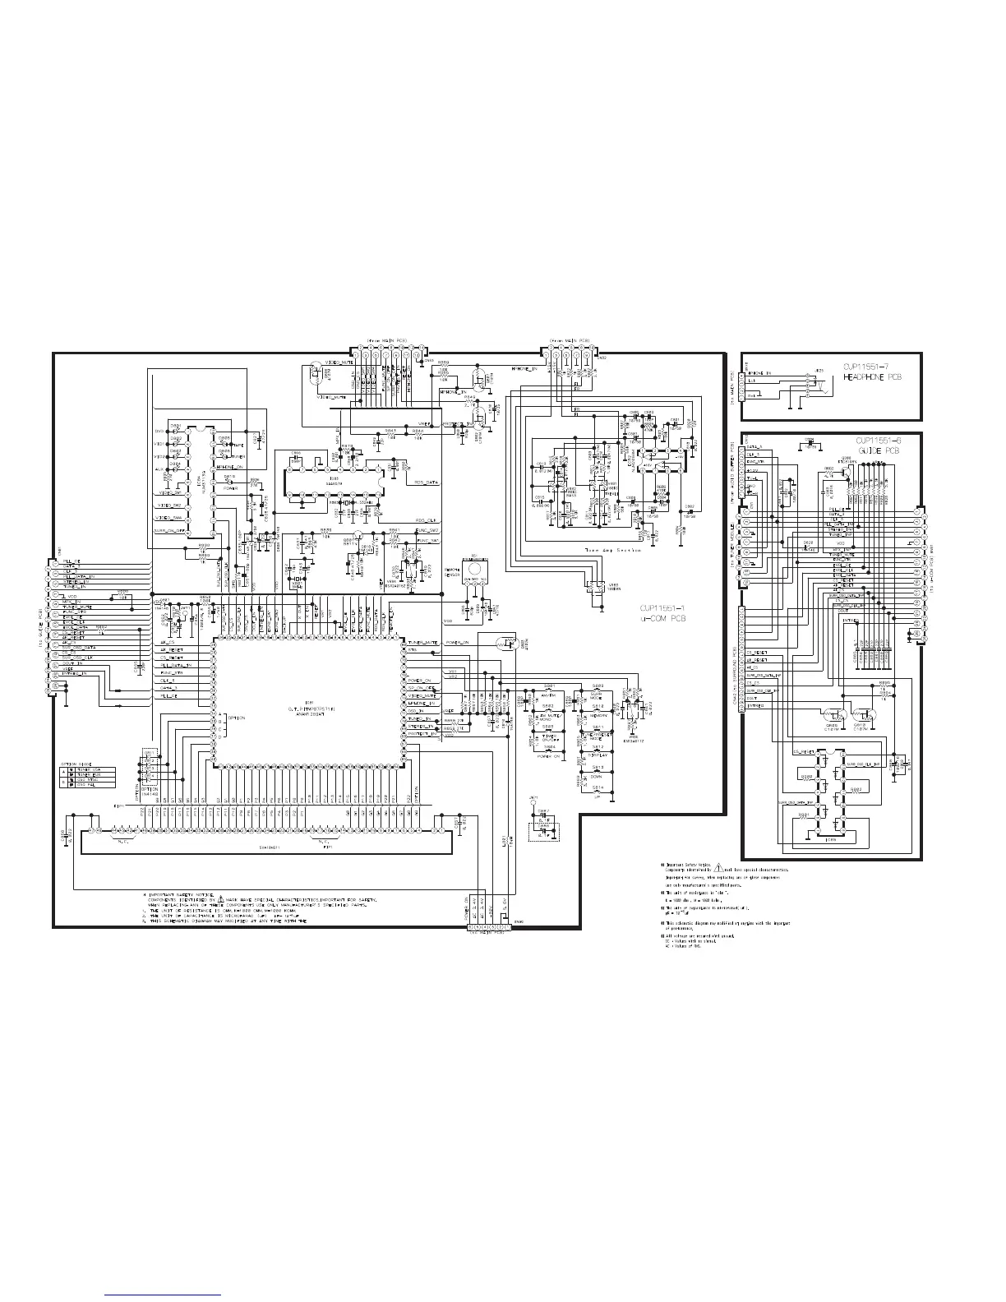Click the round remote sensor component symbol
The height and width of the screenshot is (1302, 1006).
pos(474,569)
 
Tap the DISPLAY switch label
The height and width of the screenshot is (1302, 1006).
pos(598,754)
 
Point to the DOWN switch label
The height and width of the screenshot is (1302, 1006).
pos(598,775)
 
